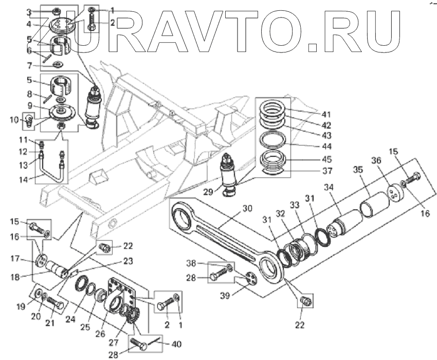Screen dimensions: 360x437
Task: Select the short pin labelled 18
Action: [57, 268]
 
